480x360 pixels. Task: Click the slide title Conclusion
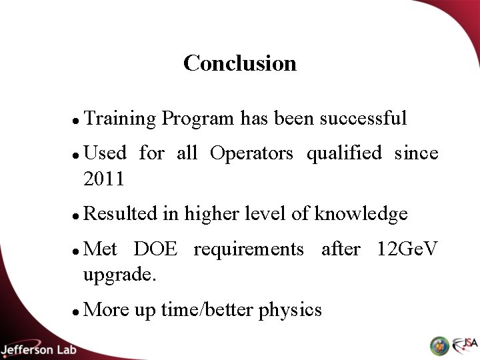tap(240, 63)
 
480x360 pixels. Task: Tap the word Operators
tap(251, 153)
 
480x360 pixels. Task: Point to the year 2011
tap(104, 179)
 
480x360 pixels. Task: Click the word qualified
tap(344, 154)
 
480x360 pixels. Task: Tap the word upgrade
tap(120, 275)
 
